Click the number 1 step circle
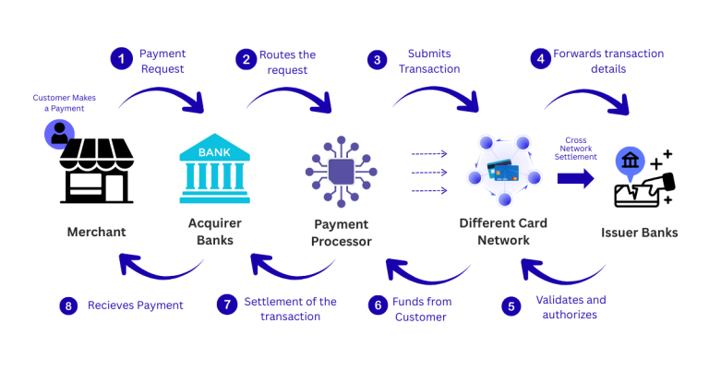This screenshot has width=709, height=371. click(x=120, y=60)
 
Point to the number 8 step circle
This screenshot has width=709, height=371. click(x=67, y=305)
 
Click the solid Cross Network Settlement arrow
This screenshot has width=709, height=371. click(x=575, y=178)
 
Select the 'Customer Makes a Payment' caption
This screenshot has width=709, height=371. click(x=64, y=103)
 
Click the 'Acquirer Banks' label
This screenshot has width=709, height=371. click(x=214, y=232)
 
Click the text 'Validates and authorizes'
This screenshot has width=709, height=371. click(x=571, y=307)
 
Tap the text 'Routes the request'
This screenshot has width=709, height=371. click(x=287, y=61)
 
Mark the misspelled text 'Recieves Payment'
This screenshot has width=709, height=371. click(x=135, y=305)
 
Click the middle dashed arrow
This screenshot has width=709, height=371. click(x=428, y=172)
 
